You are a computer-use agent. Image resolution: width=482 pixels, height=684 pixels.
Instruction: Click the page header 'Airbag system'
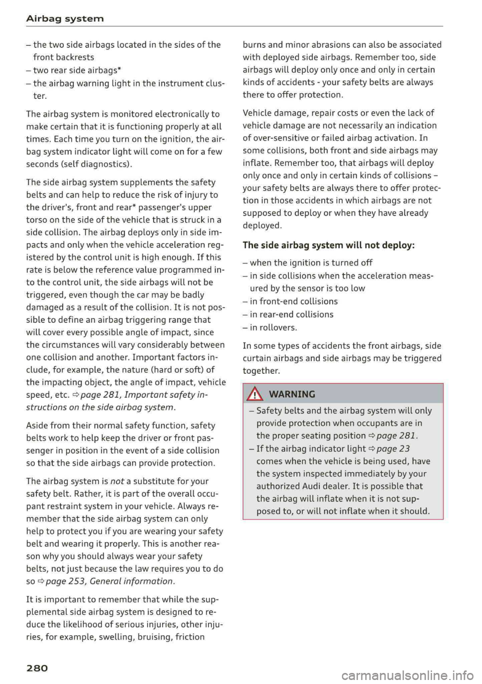coord(65,19)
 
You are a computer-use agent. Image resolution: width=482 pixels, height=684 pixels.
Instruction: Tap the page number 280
coord(37,668)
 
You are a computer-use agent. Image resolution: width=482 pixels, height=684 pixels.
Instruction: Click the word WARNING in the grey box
coord(292,394)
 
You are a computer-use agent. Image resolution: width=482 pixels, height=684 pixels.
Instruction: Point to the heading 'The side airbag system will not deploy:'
coord(328,245)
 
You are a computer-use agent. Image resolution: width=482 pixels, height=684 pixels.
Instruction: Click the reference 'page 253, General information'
coord(109,581)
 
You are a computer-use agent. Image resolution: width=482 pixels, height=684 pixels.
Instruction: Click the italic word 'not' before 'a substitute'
coord(117,481)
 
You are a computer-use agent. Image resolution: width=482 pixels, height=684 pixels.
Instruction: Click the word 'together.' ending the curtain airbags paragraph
coord(261,371)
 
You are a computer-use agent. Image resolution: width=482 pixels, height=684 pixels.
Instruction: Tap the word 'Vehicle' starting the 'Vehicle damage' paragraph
coord(258,113)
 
